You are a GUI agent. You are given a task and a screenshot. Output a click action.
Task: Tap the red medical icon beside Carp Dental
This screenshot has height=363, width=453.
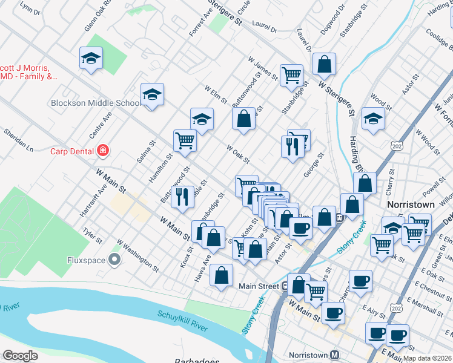104,149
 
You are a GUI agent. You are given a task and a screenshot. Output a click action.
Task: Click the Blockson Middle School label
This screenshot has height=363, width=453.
96,103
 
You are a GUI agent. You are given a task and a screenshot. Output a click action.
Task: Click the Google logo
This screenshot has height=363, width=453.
21,356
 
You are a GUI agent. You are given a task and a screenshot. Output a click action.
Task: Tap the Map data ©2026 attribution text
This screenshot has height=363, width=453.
428,358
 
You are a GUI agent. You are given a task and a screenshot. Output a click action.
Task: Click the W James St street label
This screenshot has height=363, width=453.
263,69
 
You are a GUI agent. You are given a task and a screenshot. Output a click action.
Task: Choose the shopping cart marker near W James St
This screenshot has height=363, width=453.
291,75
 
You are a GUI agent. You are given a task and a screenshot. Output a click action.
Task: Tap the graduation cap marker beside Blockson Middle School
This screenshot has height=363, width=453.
152,94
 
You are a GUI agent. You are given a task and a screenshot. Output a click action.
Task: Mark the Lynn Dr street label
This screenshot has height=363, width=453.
30,8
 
